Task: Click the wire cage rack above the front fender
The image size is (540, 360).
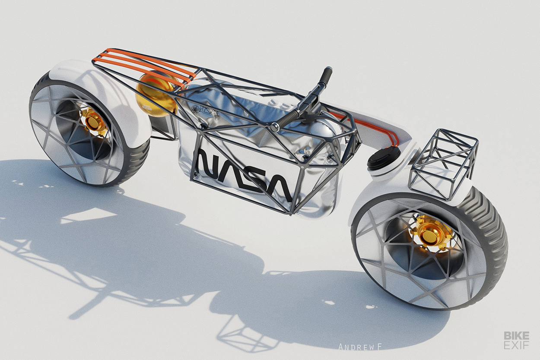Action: point(444,164)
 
